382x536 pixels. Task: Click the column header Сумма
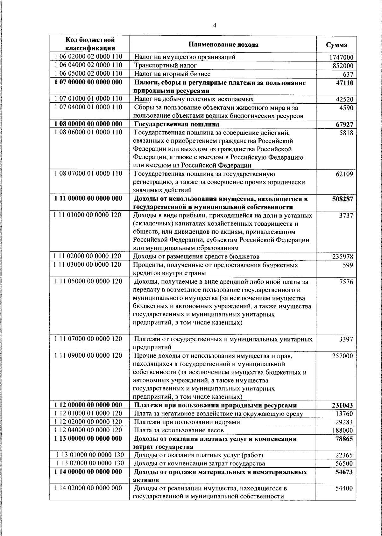pyautogui.click(x=336, y=45)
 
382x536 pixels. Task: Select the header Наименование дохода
pyautogui.click(x=223, y=45)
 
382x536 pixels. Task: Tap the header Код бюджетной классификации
pyautogui.click(x=90, y=44)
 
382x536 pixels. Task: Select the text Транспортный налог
pyautogui.click(x=165, y=65)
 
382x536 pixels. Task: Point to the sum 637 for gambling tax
pyautogui.click(x=348, y=74)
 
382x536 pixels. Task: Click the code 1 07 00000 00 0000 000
pyautogui.click(x=88, y=83)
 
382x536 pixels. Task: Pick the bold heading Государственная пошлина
pyautogui.click(x=177, y=124)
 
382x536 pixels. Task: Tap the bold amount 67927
pyautogui.click(x=344, y=124)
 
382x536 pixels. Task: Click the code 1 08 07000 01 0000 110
pyautogui.click(x=88, y=174)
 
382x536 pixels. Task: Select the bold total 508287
pyautogui.click(x=343, y=199)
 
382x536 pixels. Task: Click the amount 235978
pyautogui.click(x=343, y=257)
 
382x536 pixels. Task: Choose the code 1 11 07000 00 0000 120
pyautogui.click(x=88, y=339)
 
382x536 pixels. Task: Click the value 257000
pyautogui.click(x=343, y=356)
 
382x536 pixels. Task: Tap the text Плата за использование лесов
pyautogui.click(x=179, y=430)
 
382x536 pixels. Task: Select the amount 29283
pyautogui.click(x=344, y=422)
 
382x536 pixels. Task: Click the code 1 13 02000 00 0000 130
pyautogui.click(x=90, y=463)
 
